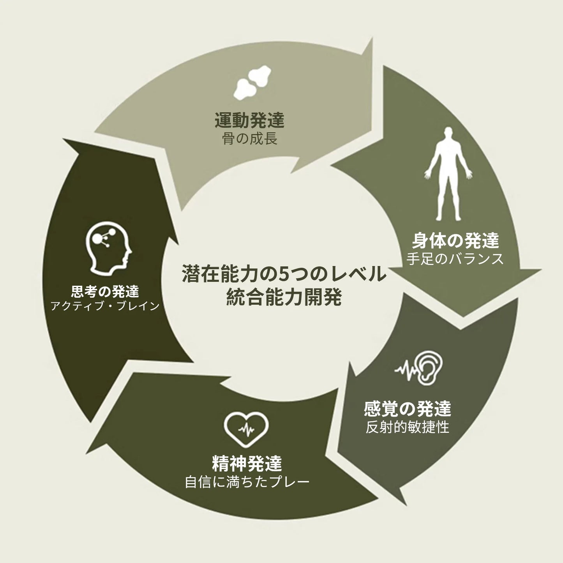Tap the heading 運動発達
[x=249, y=120]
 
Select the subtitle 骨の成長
[x=249, y=139]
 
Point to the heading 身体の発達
[x=455, y=241]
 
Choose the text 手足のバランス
[x=455, y=259]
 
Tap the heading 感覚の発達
[x=408, y=409]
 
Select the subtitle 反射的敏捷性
[x=408, y=427]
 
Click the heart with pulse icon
[x=246, y=429]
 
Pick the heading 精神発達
[x=247, y=464]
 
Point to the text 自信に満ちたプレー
[x=247, y=482]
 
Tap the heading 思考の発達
[x=105, y=291]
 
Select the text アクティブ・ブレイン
[x=105, y=306]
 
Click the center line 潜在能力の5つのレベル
[x=284, y=274]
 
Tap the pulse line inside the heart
[x=246, y=430]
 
